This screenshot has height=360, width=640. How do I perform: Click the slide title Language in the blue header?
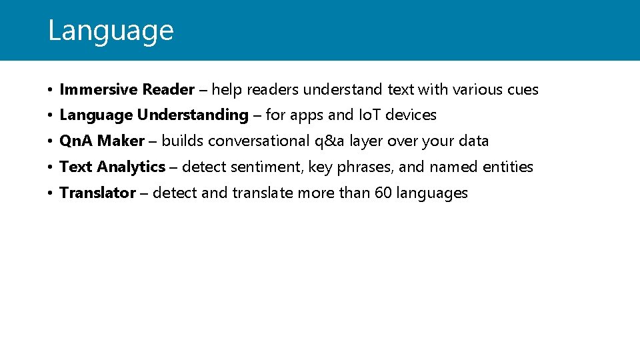click(x=111, y=31)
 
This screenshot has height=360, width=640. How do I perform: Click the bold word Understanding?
click(x=193, y=115)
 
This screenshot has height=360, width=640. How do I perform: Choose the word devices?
click(x=411, y=115)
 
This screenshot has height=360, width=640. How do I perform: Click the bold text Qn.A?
click(x=76, y=141)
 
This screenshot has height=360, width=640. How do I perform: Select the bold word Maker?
click(x=121, y=141)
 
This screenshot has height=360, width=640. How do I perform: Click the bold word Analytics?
click(x=131, y=167)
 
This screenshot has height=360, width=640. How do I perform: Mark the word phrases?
click(x=361, y=167)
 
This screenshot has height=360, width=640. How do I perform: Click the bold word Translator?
click(x=97, y=193)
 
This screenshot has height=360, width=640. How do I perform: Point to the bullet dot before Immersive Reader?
click(x=51, y=90)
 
